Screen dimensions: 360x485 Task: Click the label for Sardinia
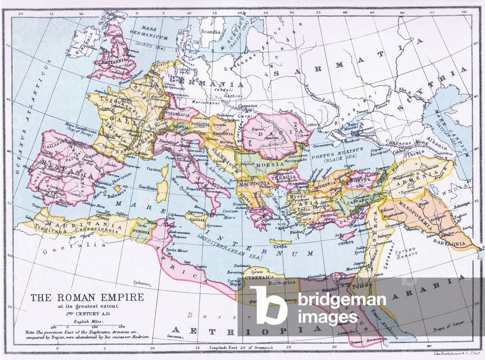click(148, 187)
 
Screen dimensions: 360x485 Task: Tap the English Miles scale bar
click(87, 326)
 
